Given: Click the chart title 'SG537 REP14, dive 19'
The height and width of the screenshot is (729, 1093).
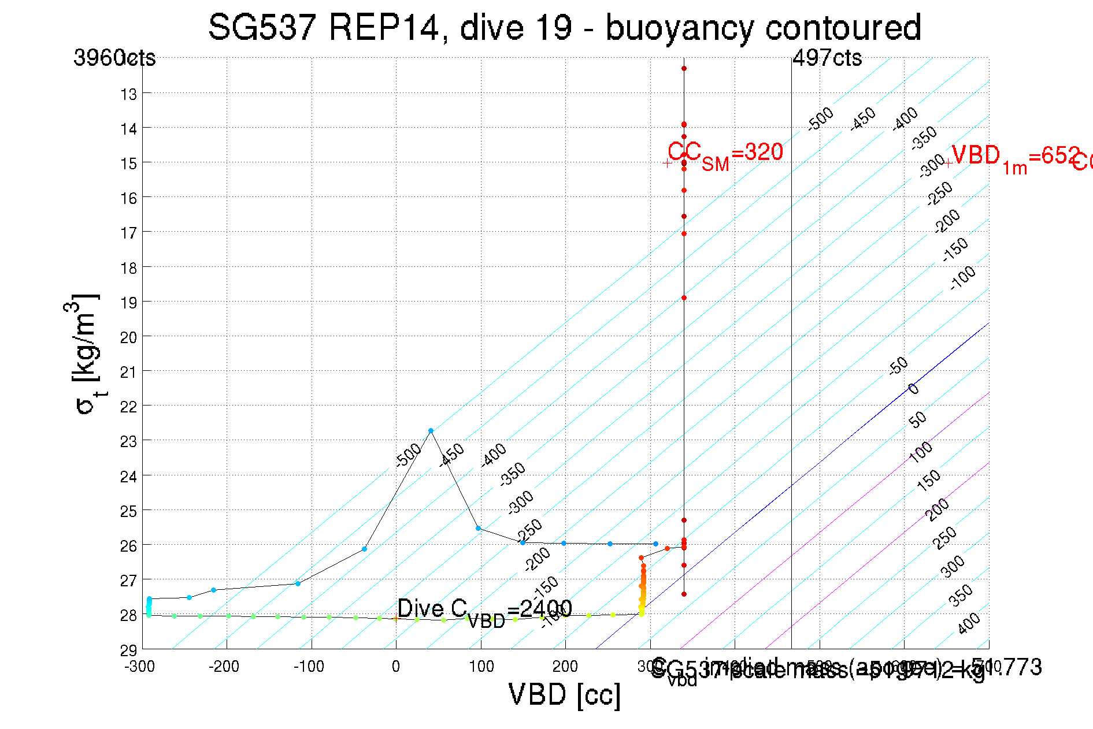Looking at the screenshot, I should [x=564, y=28].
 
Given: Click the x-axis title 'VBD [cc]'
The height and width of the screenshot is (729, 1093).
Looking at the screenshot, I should [x=565, y=695].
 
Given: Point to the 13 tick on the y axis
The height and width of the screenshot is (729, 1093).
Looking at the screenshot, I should [x=129, y=94].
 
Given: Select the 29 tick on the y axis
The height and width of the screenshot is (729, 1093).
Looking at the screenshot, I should [x=129, y=650].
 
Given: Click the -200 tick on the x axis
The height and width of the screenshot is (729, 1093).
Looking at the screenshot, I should [x=224, y=667].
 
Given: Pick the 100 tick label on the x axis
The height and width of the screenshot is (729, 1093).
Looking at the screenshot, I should [x=481, y=667].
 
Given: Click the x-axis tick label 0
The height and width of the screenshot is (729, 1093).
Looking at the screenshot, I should [x=395, y=667].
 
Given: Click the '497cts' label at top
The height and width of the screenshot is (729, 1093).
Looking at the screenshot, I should [x=827, y=58].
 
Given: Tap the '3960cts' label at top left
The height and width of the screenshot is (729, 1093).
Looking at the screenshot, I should [x=114, y=58].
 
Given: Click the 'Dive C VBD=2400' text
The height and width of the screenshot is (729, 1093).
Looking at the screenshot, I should [x=484, y=610].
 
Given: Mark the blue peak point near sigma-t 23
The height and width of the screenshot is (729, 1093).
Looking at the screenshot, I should [x=431, y=431].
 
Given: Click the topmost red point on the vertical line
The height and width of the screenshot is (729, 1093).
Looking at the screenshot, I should [x=684, y=69].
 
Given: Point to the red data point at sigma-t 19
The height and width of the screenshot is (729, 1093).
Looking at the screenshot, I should [x=684, y=298].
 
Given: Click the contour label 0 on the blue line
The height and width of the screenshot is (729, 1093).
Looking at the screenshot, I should [x=913, y=389].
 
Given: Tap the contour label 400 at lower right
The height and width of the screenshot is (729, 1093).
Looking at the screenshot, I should [x=969, y=623].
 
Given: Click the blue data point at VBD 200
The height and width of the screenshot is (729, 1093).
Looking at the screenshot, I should [x=564, y=543].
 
